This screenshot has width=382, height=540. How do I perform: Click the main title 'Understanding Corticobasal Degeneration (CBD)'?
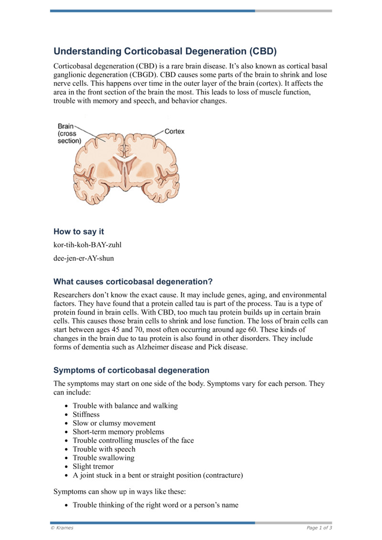[165, 51]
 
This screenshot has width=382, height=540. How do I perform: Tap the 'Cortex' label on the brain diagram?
[174, 131]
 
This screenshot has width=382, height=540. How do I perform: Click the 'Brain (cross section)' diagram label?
[69, 134]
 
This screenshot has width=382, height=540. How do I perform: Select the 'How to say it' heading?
[79, 232]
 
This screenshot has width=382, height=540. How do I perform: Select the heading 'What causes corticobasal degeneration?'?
[133, 281]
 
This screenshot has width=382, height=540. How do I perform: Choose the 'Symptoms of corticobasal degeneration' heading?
[131, 370]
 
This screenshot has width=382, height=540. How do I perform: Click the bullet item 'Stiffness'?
[86, 414]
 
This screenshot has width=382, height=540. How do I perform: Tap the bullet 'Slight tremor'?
[93, 466]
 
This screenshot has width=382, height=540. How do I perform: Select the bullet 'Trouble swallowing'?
[103, 458]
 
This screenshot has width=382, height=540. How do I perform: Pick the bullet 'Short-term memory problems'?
[118, 432]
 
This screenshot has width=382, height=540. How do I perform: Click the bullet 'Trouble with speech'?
[104, 449]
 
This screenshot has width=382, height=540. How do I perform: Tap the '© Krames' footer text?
[62, 528]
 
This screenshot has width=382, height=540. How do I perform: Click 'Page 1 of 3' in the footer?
[319, 528]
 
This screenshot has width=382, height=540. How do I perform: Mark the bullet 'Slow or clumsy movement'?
[114, 423]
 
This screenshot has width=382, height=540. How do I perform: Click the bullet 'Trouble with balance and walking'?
[125, 406]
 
